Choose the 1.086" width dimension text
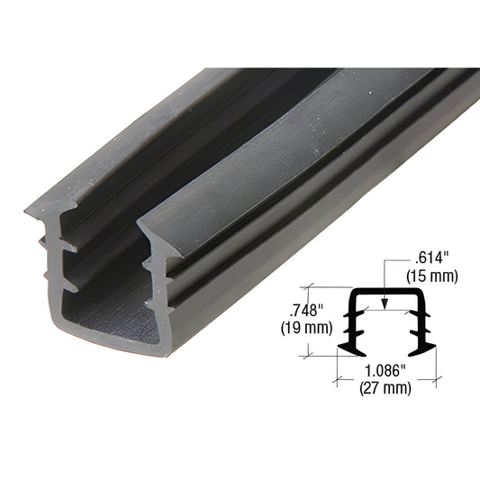[385, 371]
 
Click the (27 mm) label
[385, 388]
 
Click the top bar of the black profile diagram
[385, 294]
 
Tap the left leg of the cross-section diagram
[351, 320]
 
